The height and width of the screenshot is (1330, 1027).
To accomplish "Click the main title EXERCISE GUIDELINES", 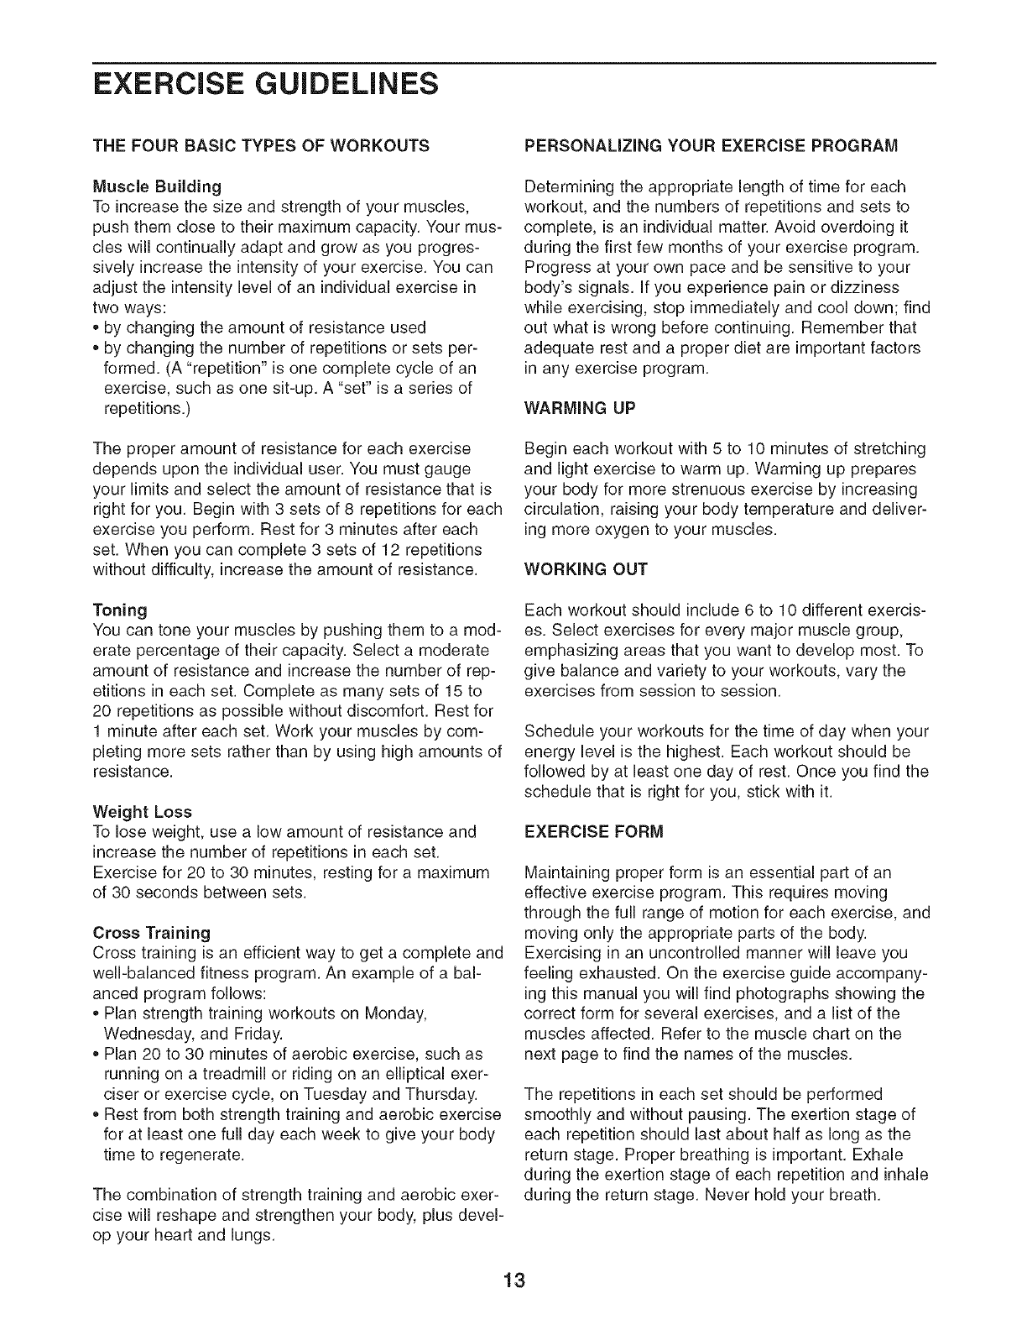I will (266, 84).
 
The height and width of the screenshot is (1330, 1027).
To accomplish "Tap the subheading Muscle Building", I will (157, 186).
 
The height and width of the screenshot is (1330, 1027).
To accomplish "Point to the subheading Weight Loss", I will (143, 812).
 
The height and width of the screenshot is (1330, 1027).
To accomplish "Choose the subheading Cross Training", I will (152, 933).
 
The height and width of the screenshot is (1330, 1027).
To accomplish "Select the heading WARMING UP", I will (580, 408).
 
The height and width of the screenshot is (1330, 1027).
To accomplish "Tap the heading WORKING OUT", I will (585, 569).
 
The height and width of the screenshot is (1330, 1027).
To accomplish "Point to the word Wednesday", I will (143, 1034).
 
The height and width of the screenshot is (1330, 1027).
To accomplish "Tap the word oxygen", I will (629, 529).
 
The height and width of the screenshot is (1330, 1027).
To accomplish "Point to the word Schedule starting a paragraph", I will (556, 731).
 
